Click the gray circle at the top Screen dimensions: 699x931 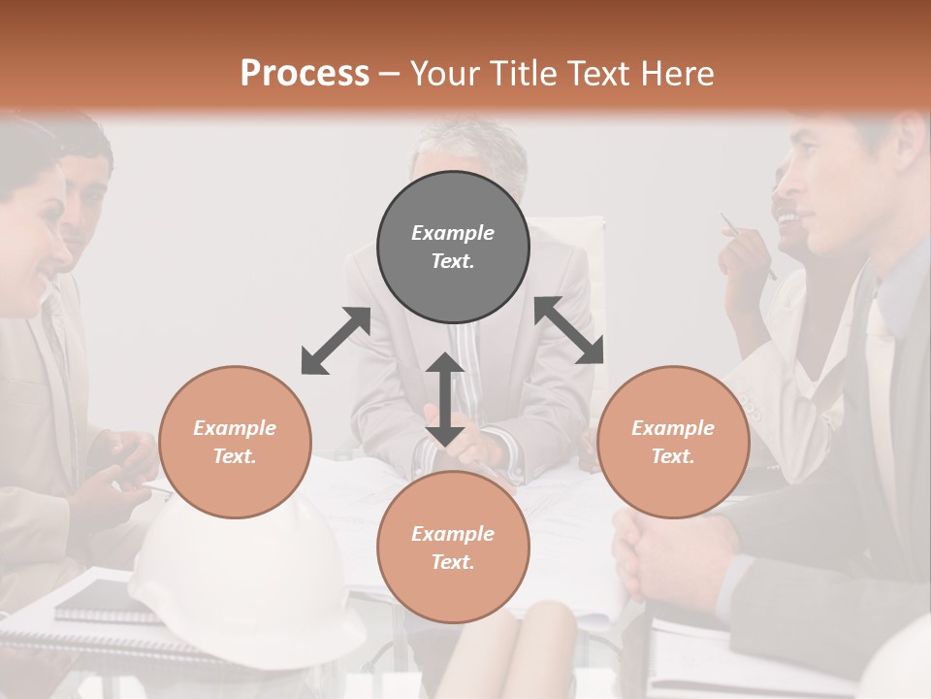pyautogui.click(x=453, y=247)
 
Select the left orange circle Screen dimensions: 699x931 pyautogui.click(x=235, y=442)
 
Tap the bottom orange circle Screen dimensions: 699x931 pyautogui.click(x=453, y=548)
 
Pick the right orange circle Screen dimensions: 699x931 pyautogui.click(x=673, y=442)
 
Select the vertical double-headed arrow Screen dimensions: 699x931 pyautogui.click(x=445, y=399)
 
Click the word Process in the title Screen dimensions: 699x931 pyautogui.click(x=305, y=73)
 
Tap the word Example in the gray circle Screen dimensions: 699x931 pyautogui.click(x=453, y=233)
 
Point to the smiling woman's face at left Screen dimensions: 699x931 pyautogui.click(x=39, y=228)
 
